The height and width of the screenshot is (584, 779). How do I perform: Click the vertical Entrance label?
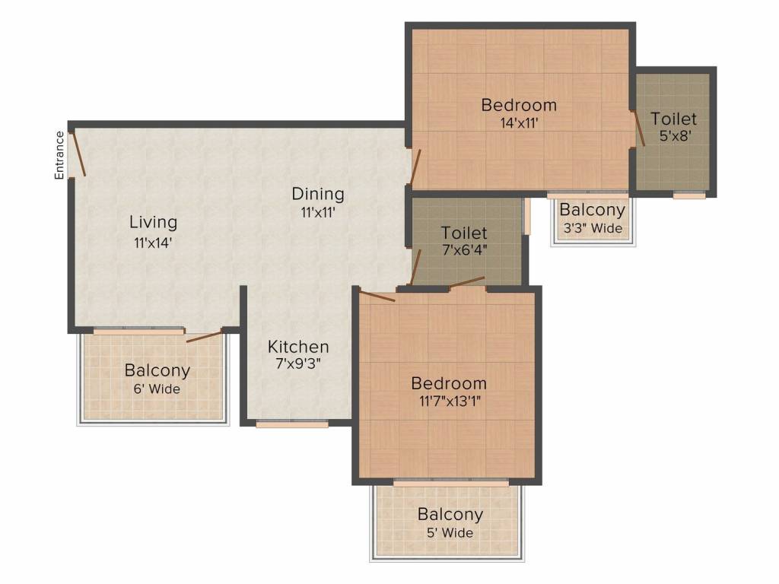tap(59, 155)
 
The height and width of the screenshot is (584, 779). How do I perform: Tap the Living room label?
tap(153, 223)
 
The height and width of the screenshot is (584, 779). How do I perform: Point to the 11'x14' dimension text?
tap(153, 243)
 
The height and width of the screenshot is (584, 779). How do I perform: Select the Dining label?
tap(318, 194)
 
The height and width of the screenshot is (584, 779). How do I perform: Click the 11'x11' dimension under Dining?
tap(318, 214)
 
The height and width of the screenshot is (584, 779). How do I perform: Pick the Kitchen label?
tap(298, 347)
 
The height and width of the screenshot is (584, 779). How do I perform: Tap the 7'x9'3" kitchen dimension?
tap(298, 363)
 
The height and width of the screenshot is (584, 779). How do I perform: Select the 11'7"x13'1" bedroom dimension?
tap(448, 401)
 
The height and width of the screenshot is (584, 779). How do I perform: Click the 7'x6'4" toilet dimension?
tap(464, 249)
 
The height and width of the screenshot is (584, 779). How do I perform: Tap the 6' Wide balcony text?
tap(157, 389)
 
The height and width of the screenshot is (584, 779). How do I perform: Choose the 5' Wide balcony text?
tap(450, 532)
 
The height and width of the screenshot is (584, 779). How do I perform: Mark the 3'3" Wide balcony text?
tap(592, 228)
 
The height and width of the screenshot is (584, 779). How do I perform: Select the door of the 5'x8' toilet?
tap(639, 128)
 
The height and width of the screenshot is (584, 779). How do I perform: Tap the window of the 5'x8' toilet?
tap(689, 195)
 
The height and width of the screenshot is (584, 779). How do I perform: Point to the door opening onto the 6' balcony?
tap(204, 335)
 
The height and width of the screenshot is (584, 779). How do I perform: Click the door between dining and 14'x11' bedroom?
tap(415, 167)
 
